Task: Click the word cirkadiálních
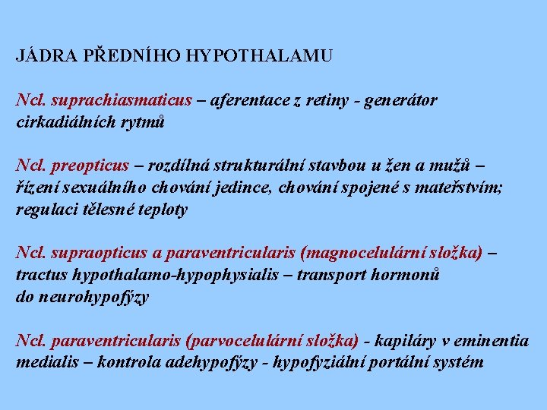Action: click(x=64, y=121)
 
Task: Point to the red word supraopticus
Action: click(x=93, y=253)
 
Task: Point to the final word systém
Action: click(x=459, y=361)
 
